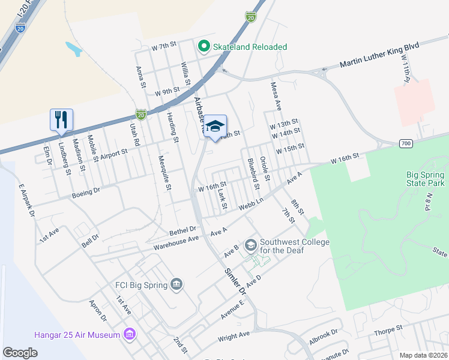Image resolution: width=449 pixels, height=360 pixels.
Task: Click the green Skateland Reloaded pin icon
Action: pyautogui.click(x=204, y=46)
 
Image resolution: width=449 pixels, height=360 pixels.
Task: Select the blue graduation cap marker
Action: pyautogui.click(x=214, y=126)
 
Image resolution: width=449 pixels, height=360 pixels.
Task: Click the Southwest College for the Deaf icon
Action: pyautogui.click(x=250, y=245)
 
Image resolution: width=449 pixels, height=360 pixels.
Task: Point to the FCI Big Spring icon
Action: pyautogui.click(x=176, y=284)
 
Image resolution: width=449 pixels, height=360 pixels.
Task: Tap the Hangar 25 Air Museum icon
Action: pyautogui.click(x=129, y=334)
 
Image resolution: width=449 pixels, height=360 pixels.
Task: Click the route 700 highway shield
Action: pyautogui.click(x=405, y=143)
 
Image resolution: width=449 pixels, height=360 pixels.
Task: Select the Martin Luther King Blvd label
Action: pyautogui.click(x=379, y=58)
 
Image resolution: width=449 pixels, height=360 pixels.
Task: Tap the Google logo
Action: pyautogui.click(x=20, y=353)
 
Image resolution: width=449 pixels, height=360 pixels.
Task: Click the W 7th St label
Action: pyautogui.click(x=164, y=46)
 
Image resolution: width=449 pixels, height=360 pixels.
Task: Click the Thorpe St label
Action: pyautogui.click(x=387, y=330)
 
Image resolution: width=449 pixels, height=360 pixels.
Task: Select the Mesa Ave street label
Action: pyautogui.click(x=276, y=96)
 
